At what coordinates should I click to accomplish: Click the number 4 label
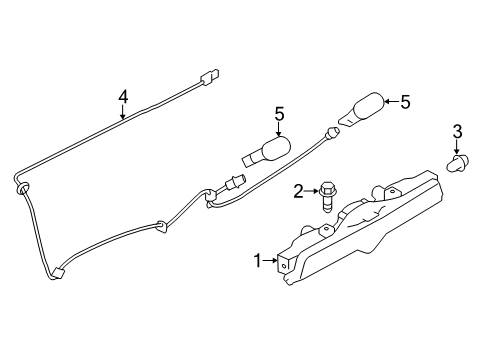[123, 97]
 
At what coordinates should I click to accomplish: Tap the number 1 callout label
[257, 261]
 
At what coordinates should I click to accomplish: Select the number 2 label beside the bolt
[297, 190]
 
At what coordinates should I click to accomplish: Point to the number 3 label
[457, 131]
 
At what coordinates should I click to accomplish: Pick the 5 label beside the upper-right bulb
[404, 101]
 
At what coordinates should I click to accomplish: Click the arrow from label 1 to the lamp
[271, 261]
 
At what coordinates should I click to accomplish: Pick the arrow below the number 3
[457, 147]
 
